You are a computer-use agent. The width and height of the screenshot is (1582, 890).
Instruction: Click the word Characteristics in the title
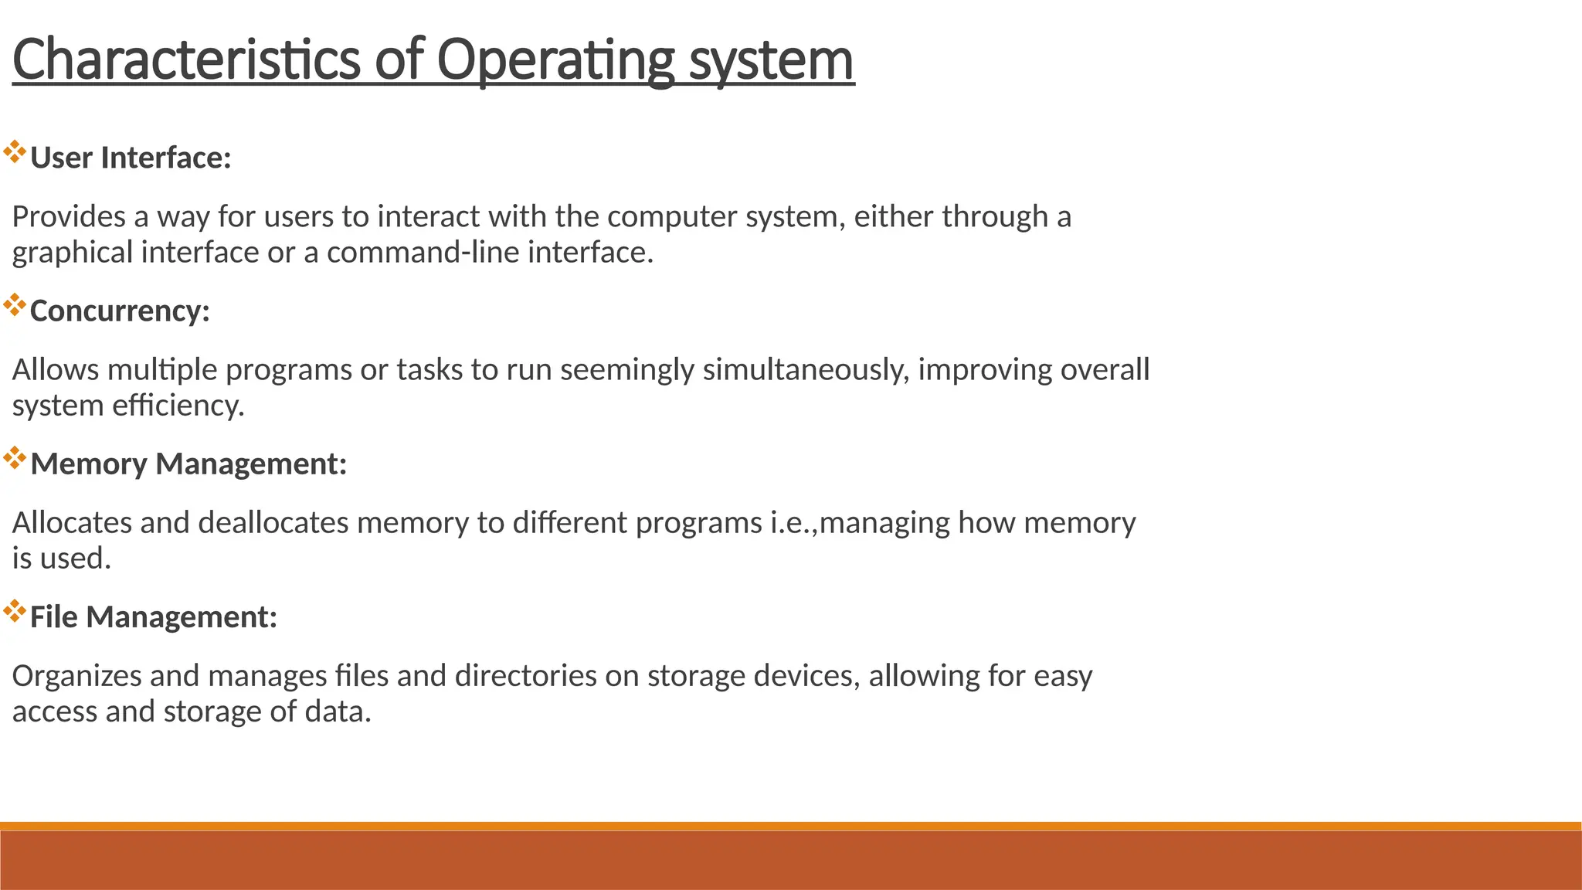point(186,59)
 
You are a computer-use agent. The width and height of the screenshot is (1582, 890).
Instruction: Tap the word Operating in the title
point(555,59)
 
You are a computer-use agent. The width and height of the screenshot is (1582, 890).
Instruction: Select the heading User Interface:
point(131,158)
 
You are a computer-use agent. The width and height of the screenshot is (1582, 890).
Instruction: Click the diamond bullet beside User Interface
point(15,152)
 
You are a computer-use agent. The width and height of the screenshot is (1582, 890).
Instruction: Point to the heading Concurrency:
point(120,311)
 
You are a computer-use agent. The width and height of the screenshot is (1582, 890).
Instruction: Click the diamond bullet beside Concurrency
point(15,305)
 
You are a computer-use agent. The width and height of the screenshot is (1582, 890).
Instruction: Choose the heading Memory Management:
point(188,464)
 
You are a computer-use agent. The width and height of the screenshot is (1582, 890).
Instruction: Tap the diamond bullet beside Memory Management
point(15,458)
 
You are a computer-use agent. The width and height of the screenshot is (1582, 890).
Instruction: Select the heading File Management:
point(153,617)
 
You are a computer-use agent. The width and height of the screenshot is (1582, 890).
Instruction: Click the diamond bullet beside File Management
point(15,611)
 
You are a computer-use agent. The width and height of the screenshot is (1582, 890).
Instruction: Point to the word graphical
point(72,253)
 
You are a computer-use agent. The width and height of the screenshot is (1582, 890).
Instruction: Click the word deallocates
point(273,522)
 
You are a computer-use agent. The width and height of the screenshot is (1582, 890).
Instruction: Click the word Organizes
point(76,675)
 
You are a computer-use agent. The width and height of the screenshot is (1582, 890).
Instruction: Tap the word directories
point(525,675)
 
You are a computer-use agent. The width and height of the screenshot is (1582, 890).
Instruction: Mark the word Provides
point(69,216)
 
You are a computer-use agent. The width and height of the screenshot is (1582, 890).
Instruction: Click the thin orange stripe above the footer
point(791,826)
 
